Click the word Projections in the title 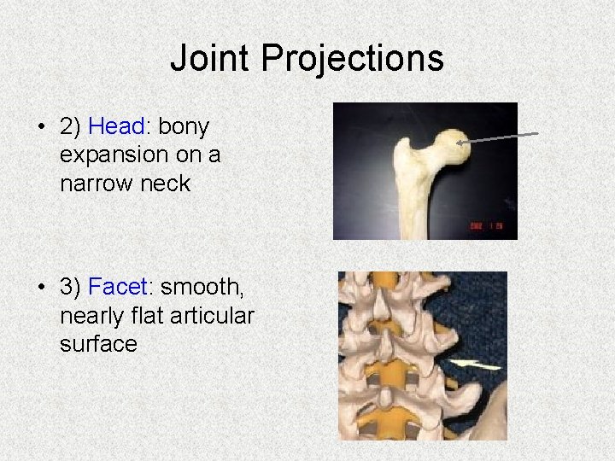[352, 59]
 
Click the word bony [184, 126]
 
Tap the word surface [98, 343]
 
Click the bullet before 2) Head [40, 127]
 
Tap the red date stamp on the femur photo [487, 225]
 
